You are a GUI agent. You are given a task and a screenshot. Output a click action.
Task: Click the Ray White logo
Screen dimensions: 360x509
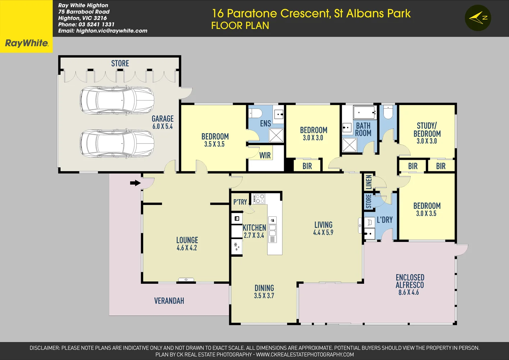26,43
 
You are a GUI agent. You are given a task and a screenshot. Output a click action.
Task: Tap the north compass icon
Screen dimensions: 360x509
478,18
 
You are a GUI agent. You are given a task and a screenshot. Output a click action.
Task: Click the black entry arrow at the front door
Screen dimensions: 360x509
135,183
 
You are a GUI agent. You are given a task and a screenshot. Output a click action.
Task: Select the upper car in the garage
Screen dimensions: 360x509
117,100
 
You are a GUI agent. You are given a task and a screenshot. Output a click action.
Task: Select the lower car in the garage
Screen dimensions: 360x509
117,143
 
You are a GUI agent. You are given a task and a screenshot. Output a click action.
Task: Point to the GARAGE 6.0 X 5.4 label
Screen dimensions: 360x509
163,122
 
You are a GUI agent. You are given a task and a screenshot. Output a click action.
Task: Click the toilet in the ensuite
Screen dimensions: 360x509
255,113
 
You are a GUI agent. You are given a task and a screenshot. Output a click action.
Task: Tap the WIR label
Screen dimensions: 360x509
265,156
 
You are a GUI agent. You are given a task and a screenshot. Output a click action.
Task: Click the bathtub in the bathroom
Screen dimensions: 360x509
364,112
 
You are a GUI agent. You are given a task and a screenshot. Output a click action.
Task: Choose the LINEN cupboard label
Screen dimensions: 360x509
369,182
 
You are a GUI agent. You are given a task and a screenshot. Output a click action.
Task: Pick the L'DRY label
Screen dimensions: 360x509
385,220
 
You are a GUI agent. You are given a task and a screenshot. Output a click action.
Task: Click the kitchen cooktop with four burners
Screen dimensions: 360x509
260,199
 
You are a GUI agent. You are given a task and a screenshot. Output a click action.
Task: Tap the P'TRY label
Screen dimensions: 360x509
240,202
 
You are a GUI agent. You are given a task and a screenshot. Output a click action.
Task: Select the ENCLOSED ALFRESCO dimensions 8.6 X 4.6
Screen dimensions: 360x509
409,293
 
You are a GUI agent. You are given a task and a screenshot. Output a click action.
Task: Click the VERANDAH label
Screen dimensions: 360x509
169,301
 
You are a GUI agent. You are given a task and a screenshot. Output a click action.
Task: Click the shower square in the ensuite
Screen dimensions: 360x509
276,135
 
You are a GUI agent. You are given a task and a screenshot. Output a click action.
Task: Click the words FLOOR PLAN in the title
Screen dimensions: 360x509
240,26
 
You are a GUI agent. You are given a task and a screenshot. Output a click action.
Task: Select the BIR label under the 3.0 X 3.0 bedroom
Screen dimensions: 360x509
307,166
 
